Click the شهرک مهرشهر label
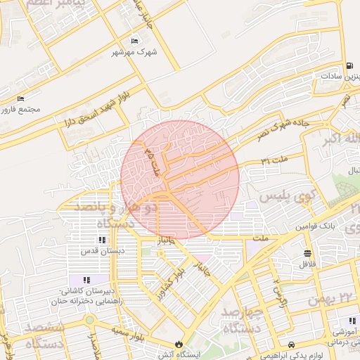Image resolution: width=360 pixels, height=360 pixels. click(x=134, y=51)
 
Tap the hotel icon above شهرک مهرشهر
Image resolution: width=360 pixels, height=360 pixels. click(x=135, y=41)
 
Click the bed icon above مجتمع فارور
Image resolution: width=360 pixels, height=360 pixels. click(x=20, y=99)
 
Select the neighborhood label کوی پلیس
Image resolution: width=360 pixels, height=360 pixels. click(x=284, y=196)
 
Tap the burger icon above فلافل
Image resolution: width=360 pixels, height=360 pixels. click(x=307, y=253)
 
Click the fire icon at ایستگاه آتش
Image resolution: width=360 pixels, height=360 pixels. click(x=179, y=344)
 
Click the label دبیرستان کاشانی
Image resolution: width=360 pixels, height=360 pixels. click(x=85, y=290)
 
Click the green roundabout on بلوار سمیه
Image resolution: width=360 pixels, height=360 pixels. click(x=89, y=320)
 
